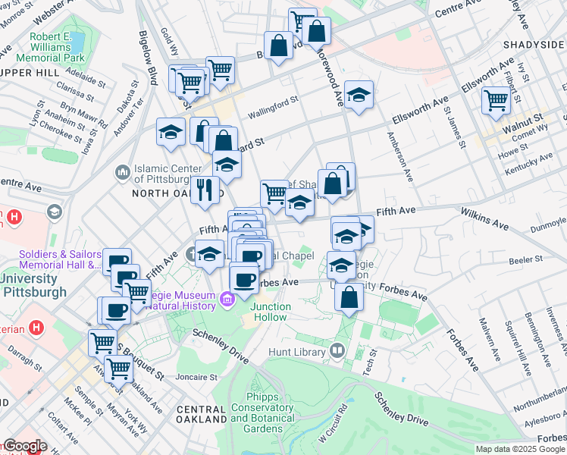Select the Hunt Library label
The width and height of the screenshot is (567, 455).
(x=299, y=353)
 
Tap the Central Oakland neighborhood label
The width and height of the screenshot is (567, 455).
(x=201, y=414)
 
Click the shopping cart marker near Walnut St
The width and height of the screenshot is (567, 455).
(x=496, y=99)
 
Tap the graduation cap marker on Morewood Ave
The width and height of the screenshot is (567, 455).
(x=359, y=95)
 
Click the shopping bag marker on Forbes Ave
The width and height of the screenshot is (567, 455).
(x=349, y=297)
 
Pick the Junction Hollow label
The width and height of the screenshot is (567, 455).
(x=271, y=312)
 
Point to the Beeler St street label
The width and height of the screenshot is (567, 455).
(x=527, y=259)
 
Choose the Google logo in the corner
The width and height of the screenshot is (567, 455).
(x=25, y=446)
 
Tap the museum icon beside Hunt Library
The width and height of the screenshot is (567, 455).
(x=337, y=352)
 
